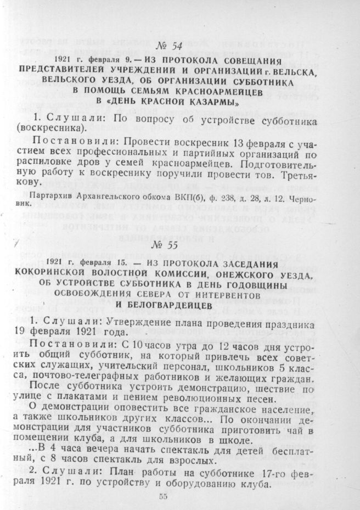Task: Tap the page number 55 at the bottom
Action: coord(162,496)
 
